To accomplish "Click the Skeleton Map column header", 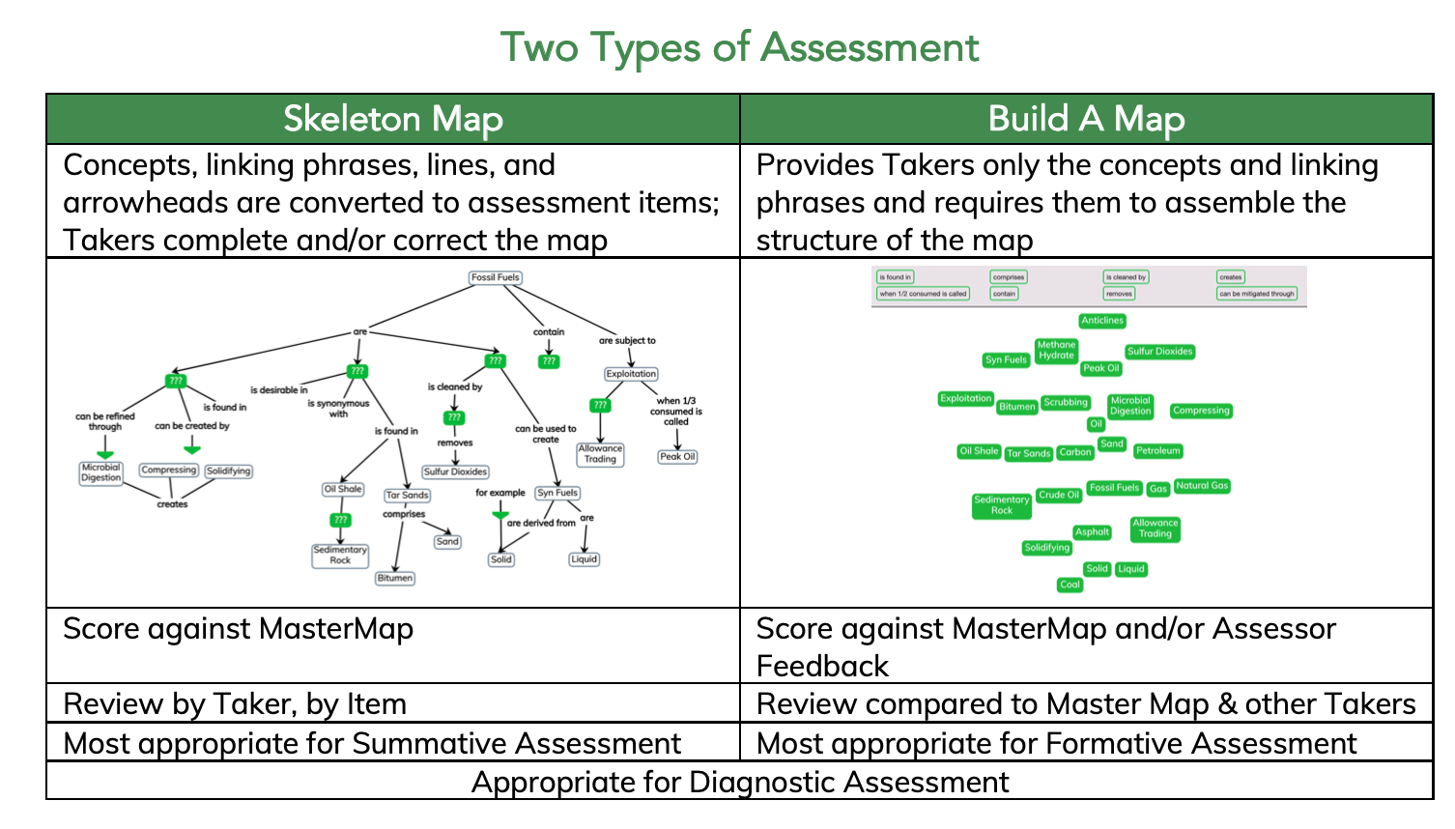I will coord(393,119).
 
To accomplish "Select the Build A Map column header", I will coord(1086,119).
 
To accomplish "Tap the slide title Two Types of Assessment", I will coord(739,47).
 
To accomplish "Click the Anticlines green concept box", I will coord(1102,321).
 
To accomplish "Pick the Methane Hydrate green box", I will coord(1056,350).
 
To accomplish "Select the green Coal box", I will coord(1070,585).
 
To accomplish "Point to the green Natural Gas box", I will coord(1202,486).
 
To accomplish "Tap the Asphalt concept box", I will coord(1092,531).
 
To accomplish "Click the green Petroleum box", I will coord(1157,450).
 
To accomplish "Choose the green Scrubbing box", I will coord(1066,402).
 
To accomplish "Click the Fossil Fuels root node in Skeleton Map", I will coord(496,277).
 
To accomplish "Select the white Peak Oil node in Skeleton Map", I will coord(677,456).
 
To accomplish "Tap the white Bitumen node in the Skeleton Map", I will coord(395,578).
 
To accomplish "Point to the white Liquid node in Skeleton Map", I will coord(584,558).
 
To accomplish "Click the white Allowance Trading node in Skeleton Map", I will coord(600,453).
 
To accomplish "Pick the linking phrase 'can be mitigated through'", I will coord(1256,294).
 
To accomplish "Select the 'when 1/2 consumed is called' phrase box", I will coord(923,294).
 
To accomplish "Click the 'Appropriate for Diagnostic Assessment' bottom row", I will coord(739,782).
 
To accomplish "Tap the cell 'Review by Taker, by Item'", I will coord(235,704).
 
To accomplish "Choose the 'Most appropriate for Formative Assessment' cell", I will coord(1056,743).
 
